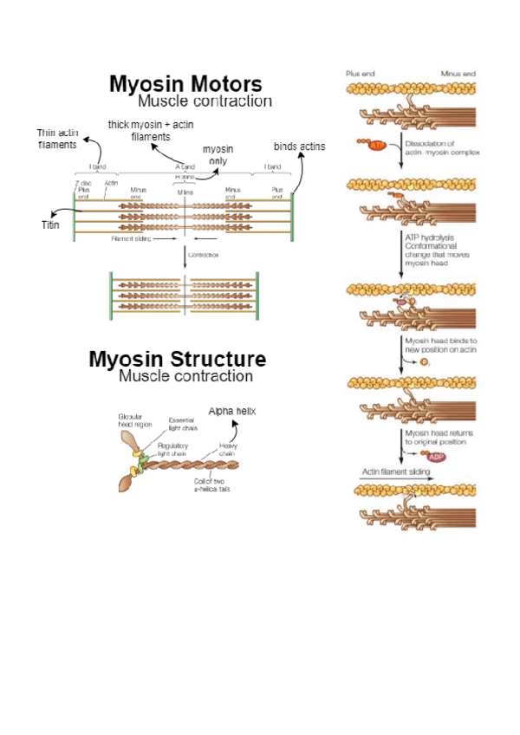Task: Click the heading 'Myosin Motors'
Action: pos(185,84)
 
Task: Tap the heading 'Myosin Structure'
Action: pos(177,359)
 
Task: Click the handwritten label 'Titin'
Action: pos(51,225)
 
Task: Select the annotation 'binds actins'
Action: pos(299,146)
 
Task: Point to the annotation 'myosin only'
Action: pos(218,155)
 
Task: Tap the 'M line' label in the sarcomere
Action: pos(185,189)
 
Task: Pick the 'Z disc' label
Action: pos(83,183)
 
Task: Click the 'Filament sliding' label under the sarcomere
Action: pos(133,238)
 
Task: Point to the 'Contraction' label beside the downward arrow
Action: pos(202,255)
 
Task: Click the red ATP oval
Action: pos(377,146)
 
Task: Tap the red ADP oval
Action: pos(432,456)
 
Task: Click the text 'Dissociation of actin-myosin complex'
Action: pos(441,148)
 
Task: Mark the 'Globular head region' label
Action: pos(135,420)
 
